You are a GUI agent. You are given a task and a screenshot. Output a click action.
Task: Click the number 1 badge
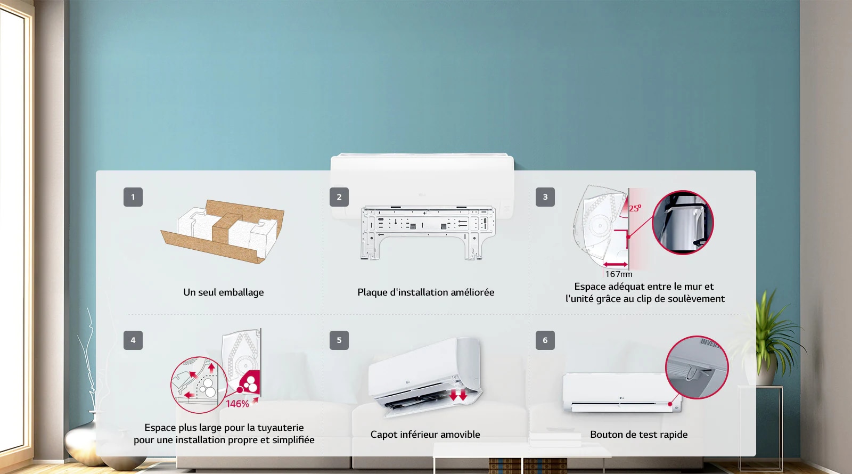[133, 197]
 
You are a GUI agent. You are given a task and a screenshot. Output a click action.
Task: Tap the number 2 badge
[339, 197]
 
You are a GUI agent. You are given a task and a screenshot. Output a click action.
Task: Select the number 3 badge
[545, 197]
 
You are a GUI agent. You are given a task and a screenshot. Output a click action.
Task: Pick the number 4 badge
[133, 340]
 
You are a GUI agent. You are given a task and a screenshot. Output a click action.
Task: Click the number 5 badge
[339, 340]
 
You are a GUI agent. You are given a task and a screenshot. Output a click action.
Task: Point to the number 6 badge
[545, 340]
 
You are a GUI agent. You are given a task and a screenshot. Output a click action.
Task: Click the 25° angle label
[635, 208]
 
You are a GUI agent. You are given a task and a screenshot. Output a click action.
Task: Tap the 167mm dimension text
[618, 274]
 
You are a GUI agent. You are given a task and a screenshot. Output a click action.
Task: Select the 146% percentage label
[237, 404]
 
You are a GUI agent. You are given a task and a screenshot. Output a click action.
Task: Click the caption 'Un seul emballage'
[223, 292]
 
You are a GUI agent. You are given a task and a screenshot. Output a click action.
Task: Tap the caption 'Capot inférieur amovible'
[425, 435]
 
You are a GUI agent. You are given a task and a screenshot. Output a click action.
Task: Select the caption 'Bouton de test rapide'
[638, 435]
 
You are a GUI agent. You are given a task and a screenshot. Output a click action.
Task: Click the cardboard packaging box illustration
[223, 231]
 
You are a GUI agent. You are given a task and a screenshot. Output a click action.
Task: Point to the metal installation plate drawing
[428, 233]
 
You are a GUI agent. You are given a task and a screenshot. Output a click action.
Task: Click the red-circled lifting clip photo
[683, 223]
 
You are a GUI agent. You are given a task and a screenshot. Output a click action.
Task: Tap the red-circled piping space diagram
[199, 385]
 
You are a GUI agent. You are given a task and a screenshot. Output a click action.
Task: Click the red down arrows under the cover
[458, 395]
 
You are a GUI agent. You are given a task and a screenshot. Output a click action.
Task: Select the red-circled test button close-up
[697, 367]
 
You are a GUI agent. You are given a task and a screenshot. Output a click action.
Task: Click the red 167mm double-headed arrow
[616, 264]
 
